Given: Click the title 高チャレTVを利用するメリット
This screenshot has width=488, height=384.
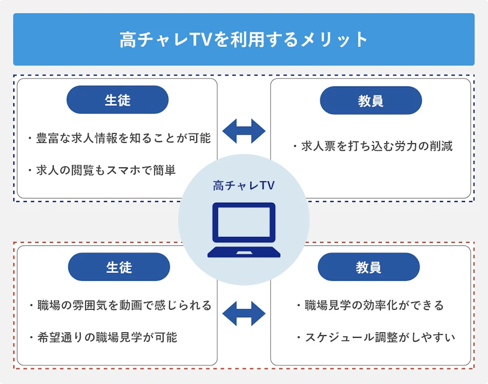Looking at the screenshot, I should [x=244, y=40].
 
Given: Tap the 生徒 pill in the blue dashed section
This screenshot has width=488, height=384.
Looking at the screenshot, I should [x=117, y=100].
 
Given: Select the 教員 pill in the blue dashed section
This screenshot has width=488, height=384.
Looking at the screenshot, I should [x=370, y=100].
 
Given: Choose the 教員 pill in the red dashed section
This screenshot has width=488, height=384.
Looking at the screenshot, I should [x=369, y=267].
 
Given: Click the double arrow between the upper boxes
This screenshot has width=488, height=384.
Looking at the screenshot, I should [x=244, y=131].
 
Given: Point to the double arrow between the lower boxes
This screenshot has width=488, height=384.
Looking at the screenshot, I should [x=244, y=313].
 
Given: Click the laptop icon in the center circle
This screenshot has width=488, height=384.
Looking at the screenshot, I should [x=244, y=230].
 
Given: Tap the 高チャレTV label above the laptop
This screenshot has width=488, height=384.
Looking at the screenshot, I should [x=244, y=186].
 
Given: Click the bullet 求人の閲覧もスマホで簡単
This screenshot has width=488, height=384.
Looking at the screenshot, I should [x=102, y=170].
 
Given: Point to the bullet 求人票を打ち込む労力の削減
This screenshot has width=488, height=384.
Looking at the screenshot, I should [x=372, y=146].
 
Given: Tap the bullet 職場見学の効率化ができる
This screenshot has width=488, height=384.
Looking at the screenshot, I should [x=370, y=305].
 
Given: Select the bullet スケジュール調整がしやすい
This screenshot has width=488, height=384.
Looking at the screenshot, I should [x=376, y=337].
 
